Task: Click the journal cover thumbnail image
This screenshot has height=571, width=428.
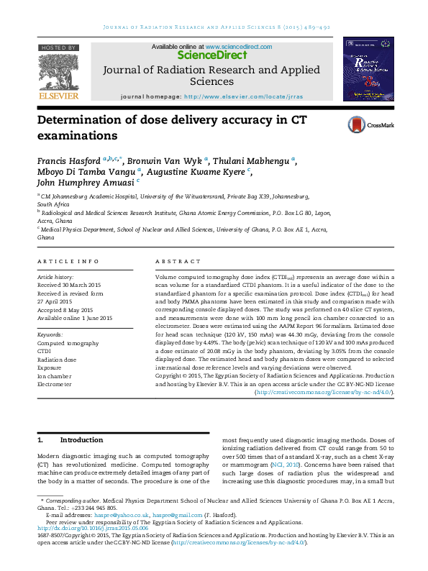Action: point(368,70)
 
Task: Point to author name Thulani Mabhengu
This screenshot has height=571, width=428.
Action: point(253,160)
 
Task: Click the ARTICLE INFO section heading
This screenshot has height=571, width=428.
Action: point(68,261)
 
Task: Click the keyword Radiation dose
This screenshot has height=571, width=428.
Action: point(57,358)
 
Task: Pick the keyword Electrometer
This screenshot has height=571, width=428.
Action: point(54,384)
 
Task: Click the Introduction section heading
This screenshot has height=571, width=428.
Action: point(81,439)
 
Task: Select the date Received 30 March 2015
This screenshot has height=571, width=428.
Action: point(72,284)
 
